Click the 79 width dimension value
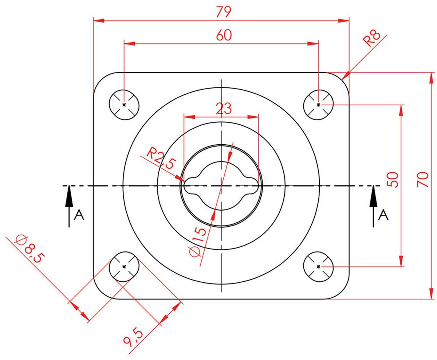223,12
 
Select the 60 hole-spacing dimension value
224,35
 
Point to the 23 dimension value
224,108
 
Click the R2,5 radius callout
161,158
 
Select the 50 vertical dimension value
393,180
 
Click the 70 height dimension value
422,180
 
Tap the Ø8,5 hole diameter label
29,249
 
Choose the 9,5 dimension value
133,338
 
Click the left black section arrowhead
69,196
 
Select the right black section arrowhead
373,196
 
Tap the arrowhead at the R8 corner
346,76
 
